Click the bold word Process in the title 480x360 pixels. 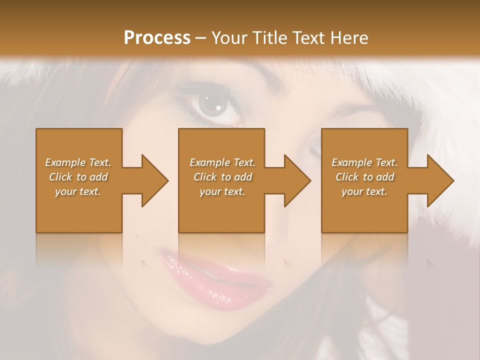click(x=157, y=38)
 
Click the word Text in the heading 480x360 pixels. click(x=307, y=38)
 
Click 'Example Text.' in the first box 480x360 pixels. click(x=78, y=162)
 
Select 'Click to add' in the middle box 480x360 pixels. click(x=222, y=177)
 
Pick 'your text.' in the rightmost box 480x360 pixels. click(x=364, y=191)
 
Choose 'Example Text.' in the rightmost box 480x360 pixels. click(x=364, y=162)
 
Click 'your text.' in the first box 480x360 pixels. click(x=78, y=191)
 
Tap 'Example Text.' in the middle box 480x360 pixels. click(x=222, y=162)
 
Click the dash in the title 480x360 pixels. click(x=200, y=38)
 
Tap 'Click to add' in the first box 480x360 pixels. click(x=78, y=177)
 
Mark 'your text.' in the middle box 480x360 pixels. click(x=222, y=191)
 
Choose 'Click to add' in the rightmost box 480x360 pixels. click(x=364, y=177)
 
